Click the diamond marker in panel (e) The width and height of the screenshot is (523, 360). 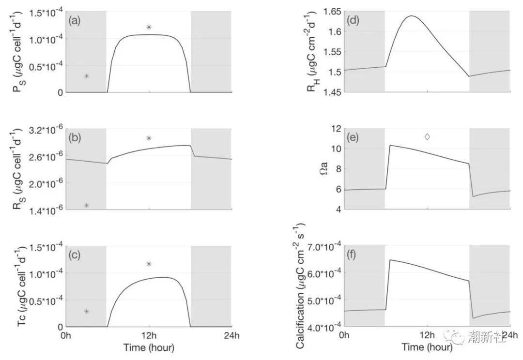click(427, 137)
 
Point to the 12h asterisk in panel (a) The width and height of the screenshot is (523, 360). click(149, 27)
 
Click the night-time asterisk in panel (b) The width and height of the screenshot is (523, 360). click(87, 206)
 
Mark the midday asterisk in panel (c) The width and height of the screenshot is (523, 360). click(149, 264)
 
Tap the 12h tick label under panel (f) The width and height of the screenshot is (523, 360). click(427, 335)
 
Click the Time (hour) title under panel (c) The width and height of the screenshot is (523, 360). click(149, 347)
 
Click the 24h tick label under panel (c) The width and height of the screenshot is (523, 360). click(232, 335)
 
